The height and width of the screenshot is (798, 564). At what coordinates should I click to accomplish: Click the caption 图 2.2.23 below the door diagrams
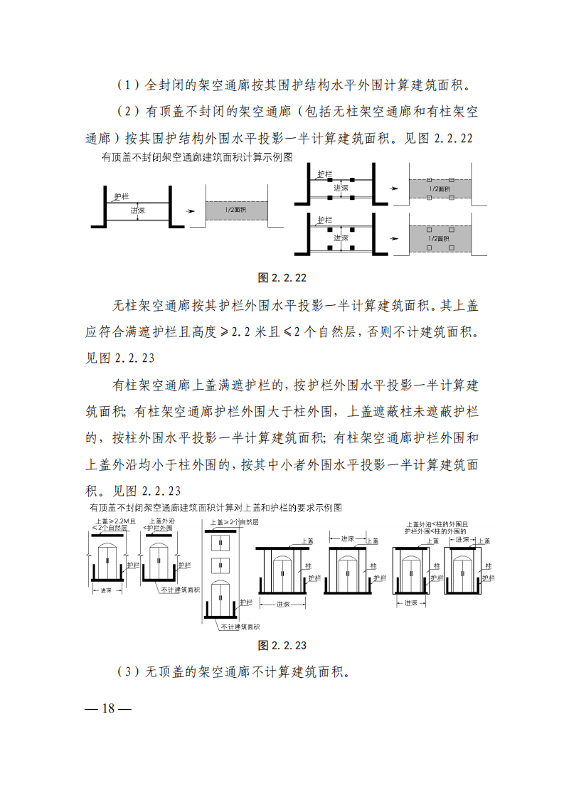tap(282, 645)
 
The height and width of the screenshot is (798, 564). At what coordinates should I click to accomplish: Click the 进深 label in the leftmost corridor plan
tap(139, 211)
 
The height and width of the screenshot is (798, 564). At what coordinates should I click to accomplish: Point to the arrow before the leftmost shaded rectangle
tap(188, 211)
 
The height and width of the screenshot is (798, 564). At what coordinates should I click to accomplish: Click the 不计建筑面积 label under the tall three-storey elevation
tap(240, 627)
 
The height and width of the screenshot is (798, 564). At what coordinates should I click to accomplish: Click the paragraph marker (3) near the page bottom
tap(127, 672)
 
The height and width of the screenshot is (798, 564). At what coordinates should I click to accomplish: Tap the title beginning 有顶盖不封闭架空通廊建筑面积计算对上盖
tap(216, 508)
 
